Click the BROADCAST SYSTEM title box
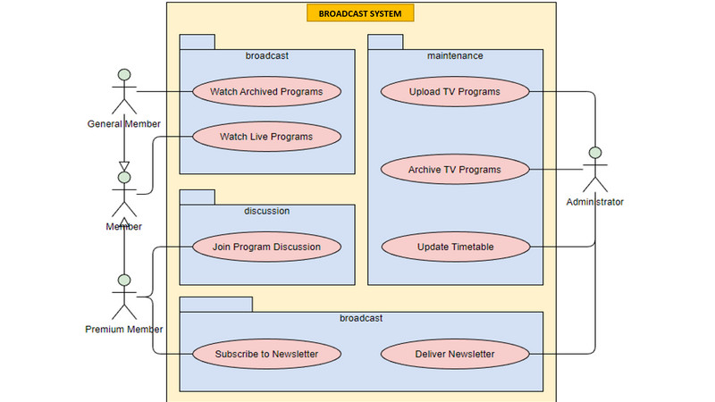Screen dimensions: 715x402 [x=360, y=13]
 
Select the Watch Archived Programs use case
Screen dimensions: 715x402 [x=266, y=92]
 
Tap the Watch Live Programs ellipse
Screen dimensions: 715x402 [x=266, y=137]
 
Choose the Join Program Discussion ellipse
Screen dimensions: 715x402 [x=266, y=247]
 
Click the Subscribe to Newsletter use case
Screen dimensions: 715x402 [x=266, y=354]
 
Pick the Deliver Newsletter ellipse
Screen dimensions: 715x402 [x=455, y=354]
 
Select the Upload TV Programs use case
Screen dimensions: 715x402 [x=455, y=92]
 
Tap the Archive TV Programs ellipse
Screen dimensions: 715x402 [x=455, y=170]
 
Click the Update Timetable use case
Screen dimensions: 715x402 [x=456, y=247]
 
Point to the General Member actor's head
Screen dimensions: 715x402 [x=124, y=75]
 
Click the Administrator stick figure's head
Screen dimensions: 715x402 [x=595, y=153]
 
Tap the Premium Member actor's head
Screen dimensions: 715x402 [x=124, y=281]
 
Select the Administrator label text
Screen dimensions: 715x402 [x=594, y=202]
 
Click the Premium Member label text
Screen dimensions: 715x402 [x=124, y=329]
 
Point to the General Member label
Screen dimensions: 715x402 [x=124, y=124]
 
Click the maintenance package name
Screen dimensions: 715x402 [x=455, y=55]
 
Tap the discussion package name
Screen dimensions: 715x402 [x=266, y=211]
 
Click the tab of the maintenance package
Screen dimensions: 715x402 [x=385, y=42]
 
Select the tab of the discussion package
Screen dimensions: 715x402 [x=197, y=197]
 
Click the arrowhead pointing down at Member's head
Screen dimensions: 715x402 [x=124, y=166]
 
